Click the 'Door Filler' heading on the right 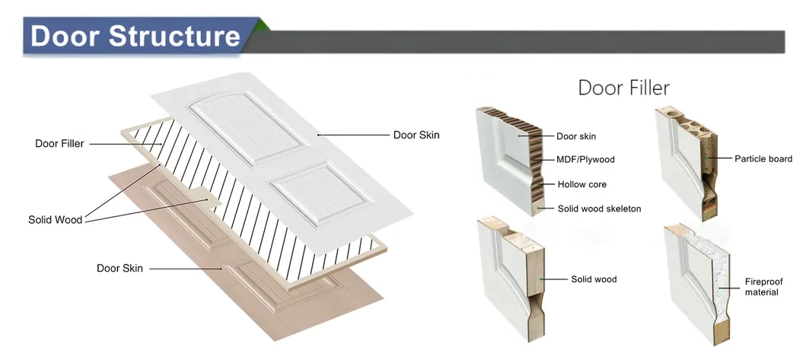click(x=623, y=88)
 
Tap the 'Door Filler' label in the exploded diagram click(x=59, y=143)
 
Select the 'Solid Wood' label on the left click(x=55, y=220)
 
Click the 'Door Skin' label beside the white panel click(x=416, y=135)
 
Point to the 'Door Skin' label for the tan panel click(x=119, y=268)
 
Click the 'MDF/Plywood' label click(x=585, y=160)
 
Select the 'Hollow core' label click(x=581, y=184)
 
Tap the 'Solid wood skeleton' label click(x=599, y=209)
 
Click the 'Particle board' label click(x=763, y=159)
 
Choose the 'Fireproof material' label click(x=763, y=287)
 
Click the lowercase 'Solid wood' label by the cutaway click(x=594, y=279)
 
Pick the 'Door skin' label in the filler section click(x=576, y=136)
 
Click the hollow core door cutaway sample click(x=507, y=156)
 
